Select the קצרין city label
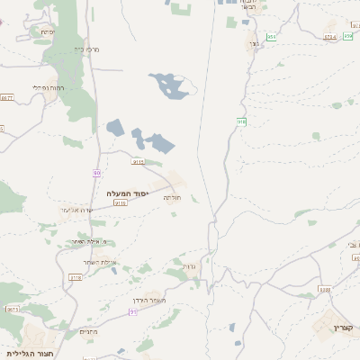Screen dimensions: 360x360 click(x=344, y=327)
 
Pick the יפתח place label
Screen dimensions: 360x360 click(x=46, y=32)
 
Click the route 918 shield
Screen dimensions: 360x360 click(x=241, y=121)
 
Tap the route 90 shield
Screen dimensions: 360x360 click(x=96, y=172)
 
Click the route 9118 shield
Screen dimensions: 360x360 click(x=120, y=203)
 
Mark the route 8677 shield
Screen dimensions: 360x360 click(x=8, y=97)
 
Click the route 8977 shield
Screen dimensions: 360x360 click(x=13, y=309)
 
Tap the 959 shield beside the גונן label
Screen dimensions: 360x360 click(x=272, y=36)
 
